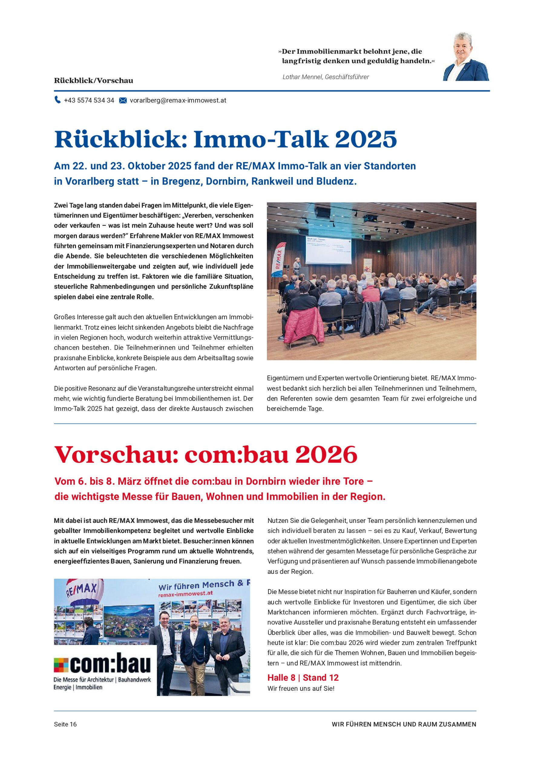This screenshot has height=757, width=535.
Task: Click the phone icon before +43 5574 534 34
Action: [58, 100]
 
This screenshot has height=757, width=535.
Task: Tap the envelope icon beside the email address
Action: [123, 100]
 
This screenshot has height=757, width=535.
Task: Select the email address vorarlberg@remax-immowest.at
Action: [178, 100]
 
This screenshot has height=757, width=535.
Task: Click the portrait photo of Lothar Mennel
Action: [466, 57]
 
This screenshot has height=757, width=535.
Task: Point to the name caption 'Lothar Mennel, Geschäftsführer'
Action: [326, 77]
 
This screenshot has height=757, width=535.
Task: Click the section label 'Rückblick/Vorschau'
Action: [94, 81]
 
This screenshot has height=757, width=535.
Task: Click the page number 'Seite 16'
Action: [65, 724]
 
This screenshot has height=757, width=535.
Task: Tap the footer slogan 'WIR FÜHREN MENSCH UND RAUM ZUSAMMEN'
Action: [404, 724]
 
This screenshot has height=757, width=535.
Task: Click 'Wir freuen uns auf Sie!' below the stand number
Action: [301, 689]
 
